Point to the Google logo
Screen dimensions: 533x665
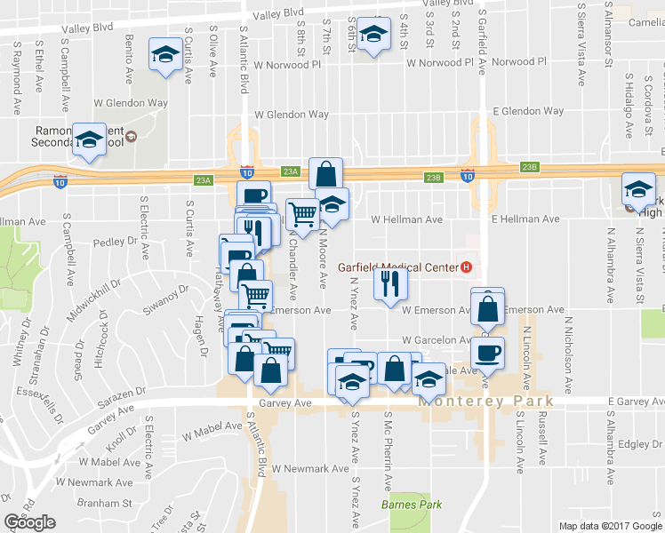[x=30, y=522]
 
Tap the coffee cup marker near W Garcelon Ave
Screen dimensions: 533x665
[x=487, y=352]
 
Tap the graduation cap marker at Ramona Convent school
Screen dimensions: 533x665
[x=89, y=139]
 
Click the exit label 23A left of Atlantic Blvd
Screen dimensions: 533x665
[x=204, y=180]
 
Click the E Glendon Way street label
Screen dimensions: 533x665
[x=528, y=111]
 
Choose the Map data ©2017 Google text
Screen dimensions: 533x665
[x=609, y=525]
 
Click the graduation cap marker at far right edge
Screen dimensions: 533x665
[x=637, y=188]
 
